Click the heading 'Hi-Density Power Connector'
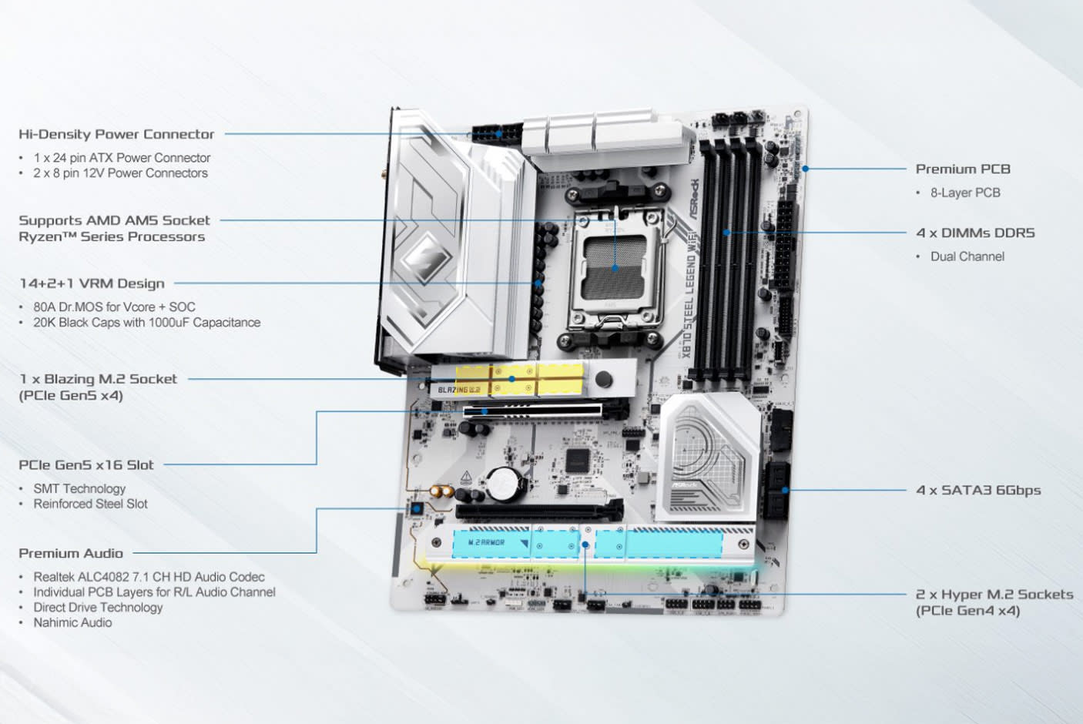(x=116, y=134)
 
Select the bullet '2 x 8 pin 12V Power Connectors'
(x=120, y=173)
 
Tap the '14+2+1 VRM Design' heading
(x=92, y=283)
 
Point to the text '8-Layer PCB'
(x=965, y=193)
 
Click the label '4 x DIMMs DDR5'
(x=975, y=233)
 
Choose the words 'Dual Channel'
(x=967, y=256)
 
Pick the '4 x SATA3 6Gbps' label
(x=978, y=490)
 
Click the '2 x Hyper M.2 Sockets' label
(x=994, y=594)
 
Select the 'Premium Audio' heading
(x=71, y=553)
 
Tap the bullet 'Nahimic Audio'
(x=72, y=622)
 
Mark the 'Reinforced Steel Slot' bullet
(x=90, y=504)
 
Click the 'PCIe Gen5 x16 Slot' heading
(x=86, y=465)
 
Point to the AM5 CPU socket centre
(x=614, y=267)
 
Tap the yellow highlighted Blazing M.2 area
(x=520, y=379)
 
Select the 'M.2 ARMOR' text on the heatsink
(x=486, y=543)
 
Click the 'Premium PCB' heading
(x=962, y=169)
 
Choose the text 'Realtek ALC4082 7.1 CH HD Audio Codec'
(x=149, y=577)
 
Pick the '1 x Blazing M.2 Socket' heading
(x=98, y=379)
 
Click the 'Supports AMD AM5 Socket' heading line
(x=114, y=220)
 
